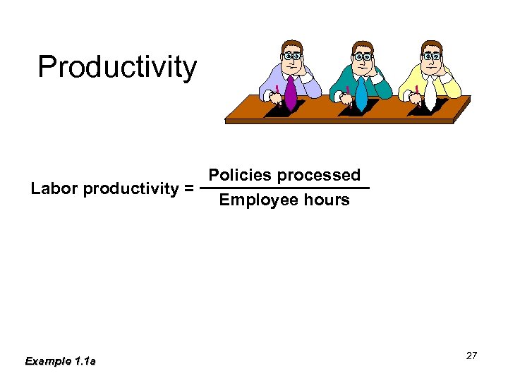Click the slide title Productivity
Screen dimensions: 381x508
click(x=117, y=67)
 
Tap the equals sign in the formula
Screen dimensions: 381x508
click(x=188, y=188)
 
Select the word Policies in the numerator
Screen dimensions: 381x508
click(x=238, y=175)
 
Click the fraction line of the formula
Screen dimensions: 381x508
click(x=284, y=188)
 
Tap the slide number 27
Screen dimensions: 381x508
click(x=471, y=356)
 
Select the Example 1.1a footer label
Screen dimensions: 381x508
click(x=60, y=361)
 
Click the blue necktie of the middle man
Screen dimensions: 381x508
click(x=361, y=93)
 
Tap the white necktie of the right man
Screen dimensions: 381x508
click(x=430, y=93)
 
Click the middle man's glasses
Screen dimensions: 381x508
click(x=363, y=56)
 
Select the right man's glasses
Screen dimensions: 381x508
click(x=432, y=56)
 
